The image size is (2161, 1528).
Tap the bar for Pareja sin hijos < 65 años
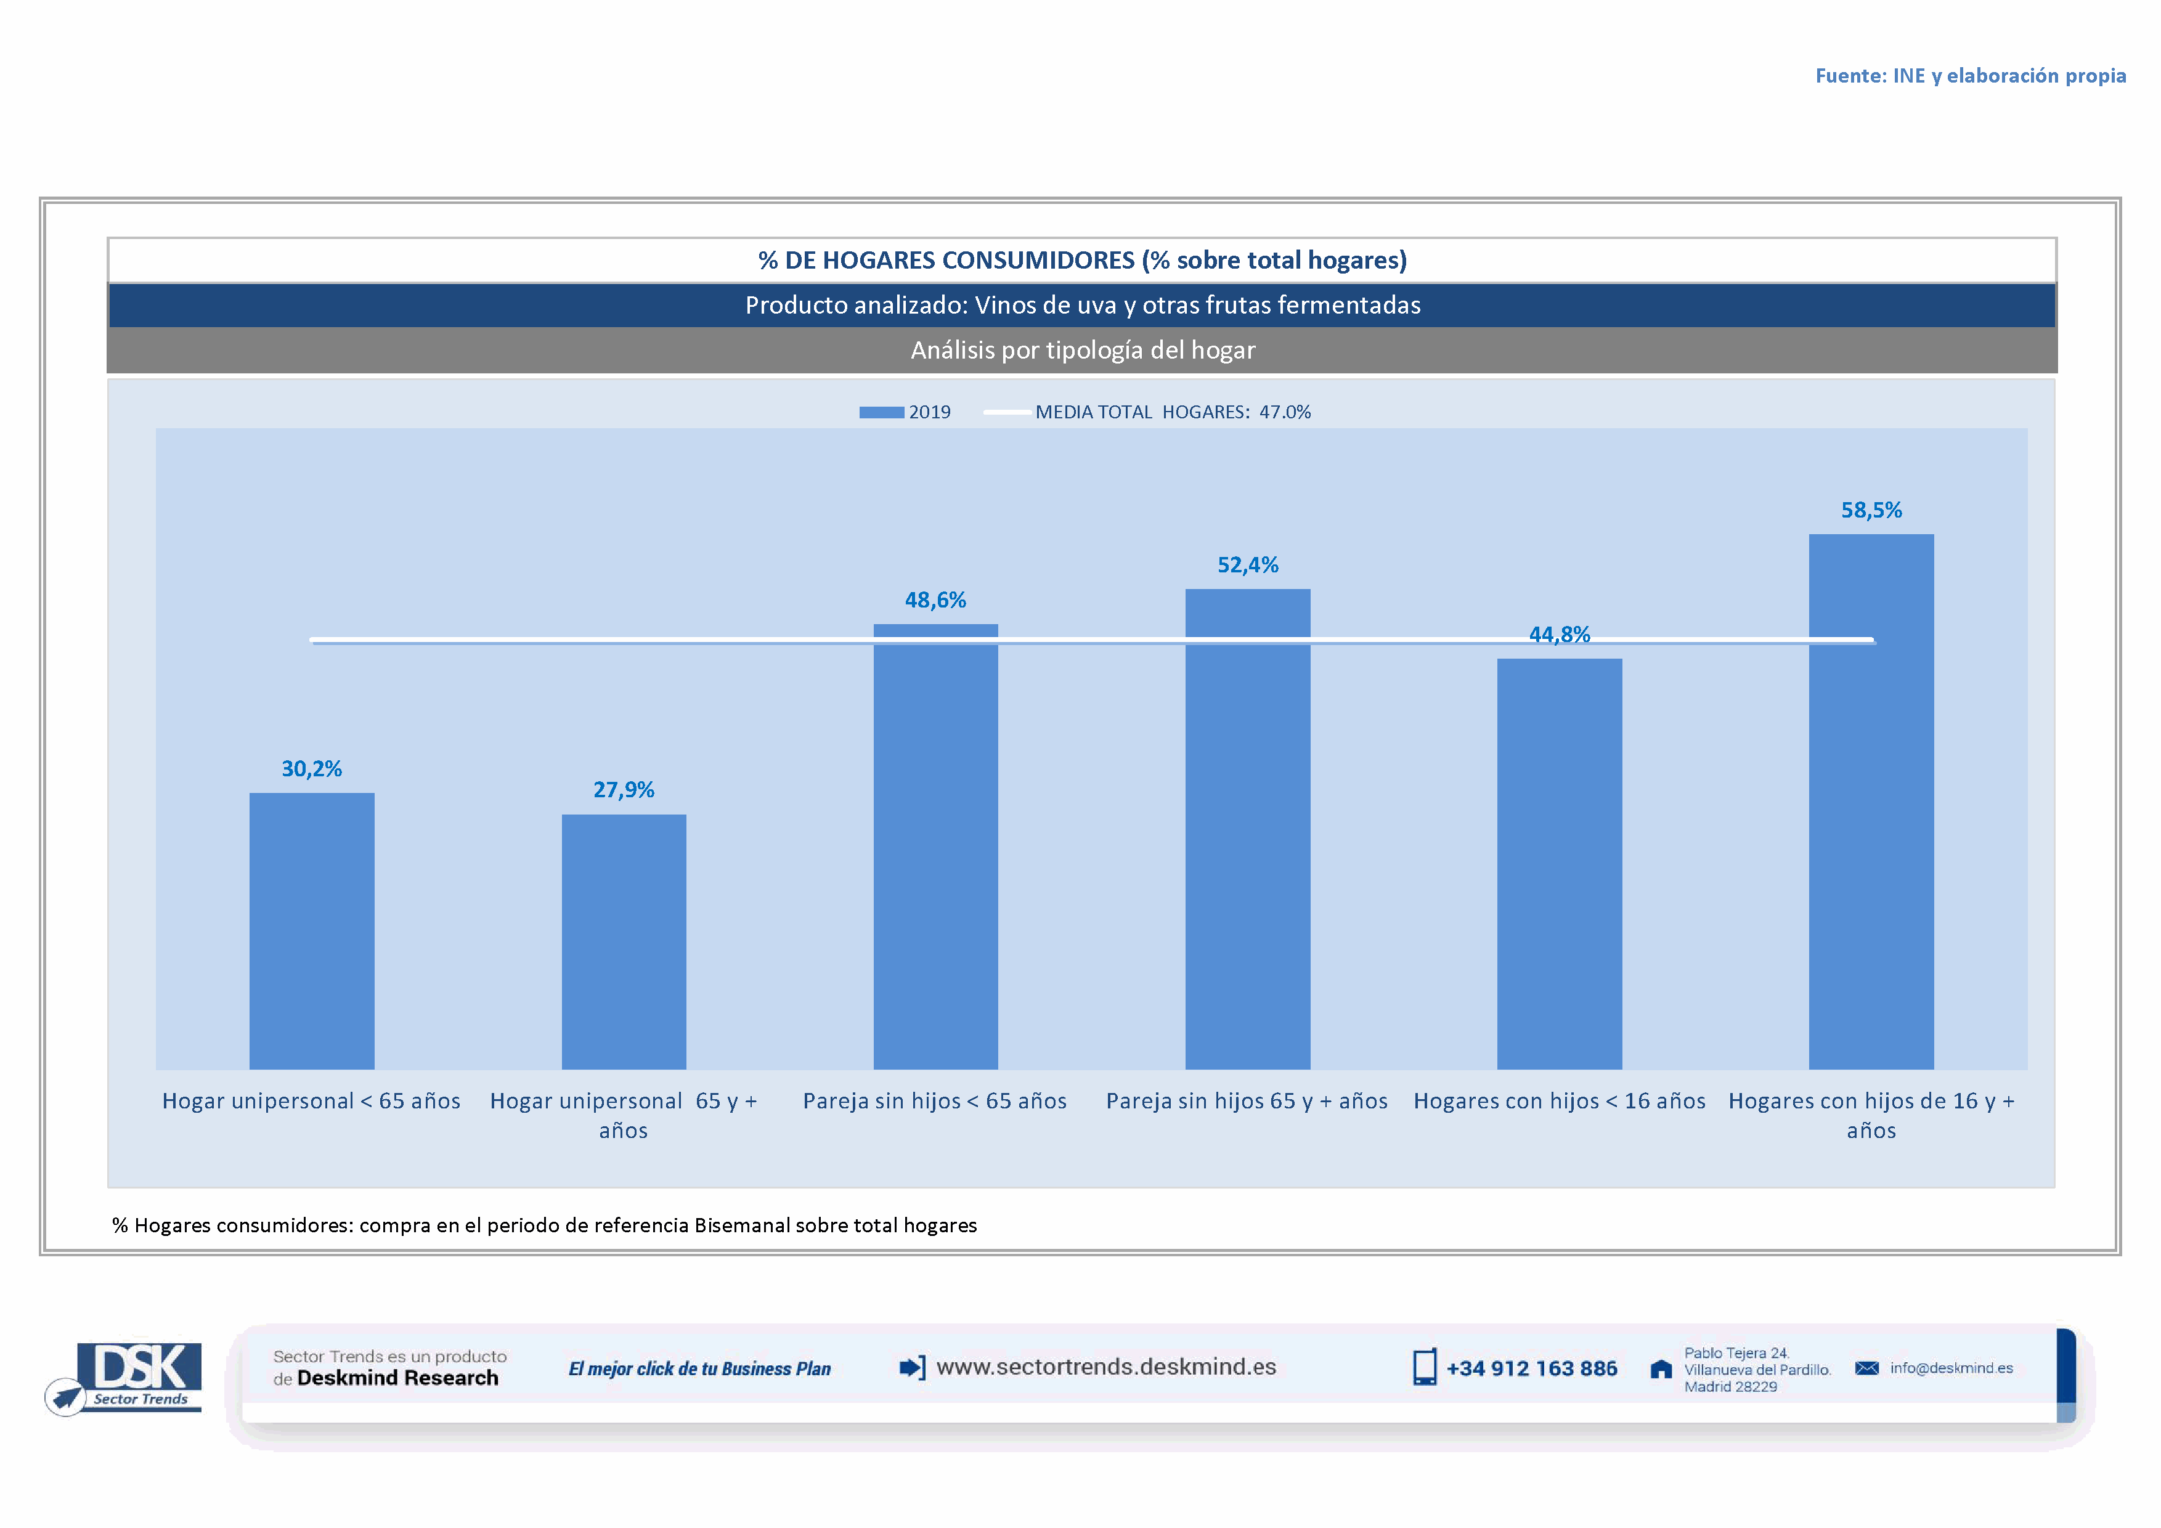tap(935, 847)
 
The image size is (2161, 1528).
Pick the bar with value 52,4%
tap(1247, 828)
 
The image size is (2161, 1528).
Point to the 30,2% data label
tap(312, 769)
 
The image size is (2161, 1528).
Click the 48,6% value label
tap(935, 600)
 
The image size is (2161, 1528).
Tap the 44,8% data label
tap(1560, 634)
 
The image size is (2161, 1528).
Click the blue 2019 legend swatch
tap(881, 412)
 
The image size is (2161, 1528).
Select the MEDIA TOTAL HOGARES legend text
tap(1173, 412)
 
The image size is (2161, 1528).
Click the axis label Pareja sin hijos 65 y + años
tap(1247, 1101)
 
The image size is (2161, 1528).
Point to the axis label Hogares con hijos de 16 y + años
tap(1871, 1115)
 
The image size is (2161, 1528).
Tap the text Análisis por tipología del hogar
tap(1083, 350)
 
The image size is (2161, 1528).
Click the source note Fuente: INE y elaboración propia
tap(1970, 75)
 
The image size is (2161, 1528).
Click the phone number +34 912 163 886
tap(1531, 1368)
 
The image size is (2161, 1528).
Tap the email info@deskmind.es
tap(1951, 1368)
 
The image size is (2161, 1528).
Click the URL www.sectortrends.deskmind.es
tap(1106, 1367)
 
